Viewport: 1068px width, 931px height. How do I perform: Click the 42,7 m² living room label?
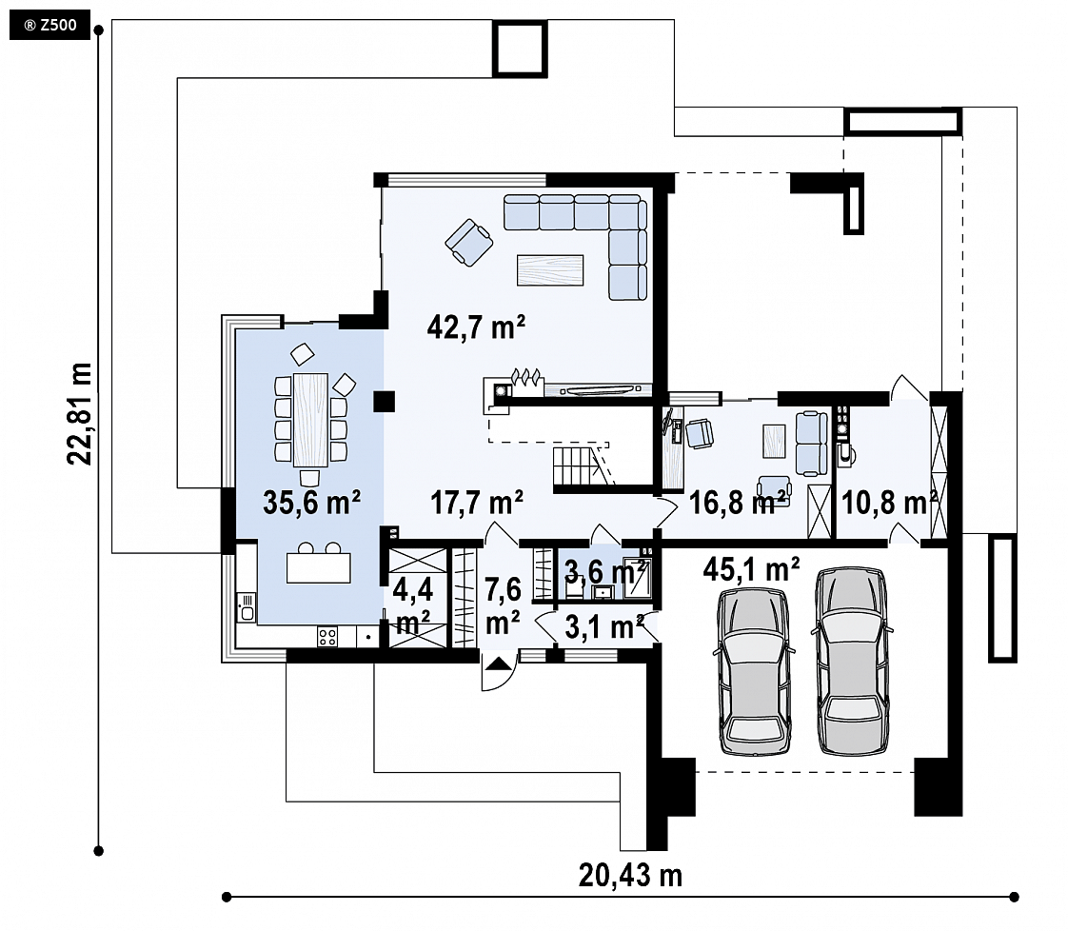pyautogui.click(x=476, y=327)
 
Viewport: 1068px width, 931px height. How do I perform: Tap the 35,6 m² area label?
pyautogui.click(x=311, y=503)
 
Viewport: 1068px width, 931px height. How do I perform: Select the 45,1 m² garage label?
pyautogui.click(x=751, y=568)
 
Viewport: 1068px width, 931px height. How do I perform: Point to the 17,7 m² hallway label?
pyautogui.click(x=477, y=503)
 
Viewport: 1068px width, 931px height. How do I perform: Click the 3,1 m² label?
pyautogui.click(x=604, y=627)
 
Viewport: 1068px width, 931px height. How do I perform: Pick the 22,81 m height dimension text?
pyautogui.click(x=80, y=414)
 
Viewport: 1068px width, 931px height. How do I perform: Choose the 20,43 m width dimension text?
pyautogui.click(x=630, y=875)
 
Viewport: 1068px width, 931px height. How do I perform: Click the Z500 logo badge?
pyautogui.click(x=49, y=26)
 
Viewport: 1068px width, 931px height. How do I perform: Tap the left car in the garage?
pyautogui.click(x=754, y=671)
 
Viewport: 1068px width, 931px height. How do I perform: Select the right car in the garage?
pyautogui.click(x=851, y=662)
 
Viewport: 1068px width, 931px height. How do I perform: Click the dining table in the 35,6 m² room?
pyautogui.click(x=310, y=420)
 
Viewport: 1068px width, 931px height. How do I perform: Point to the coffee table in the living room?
pyautogui.click(x=550, y=269)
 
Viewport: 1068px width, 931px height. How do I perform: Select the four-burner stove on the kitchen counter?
pyautogui.click(x=326, y=637)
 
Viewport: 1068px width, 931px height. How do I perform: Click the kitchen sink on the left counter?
pyautogui.click(x=246, y=606)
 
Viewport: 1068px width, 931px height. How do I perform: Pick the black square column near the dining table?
pyautogui.click(x=385, y=402)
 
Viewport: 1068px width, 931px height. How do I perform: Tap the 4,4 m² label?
pyautogui.click(x=413, y=604)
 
